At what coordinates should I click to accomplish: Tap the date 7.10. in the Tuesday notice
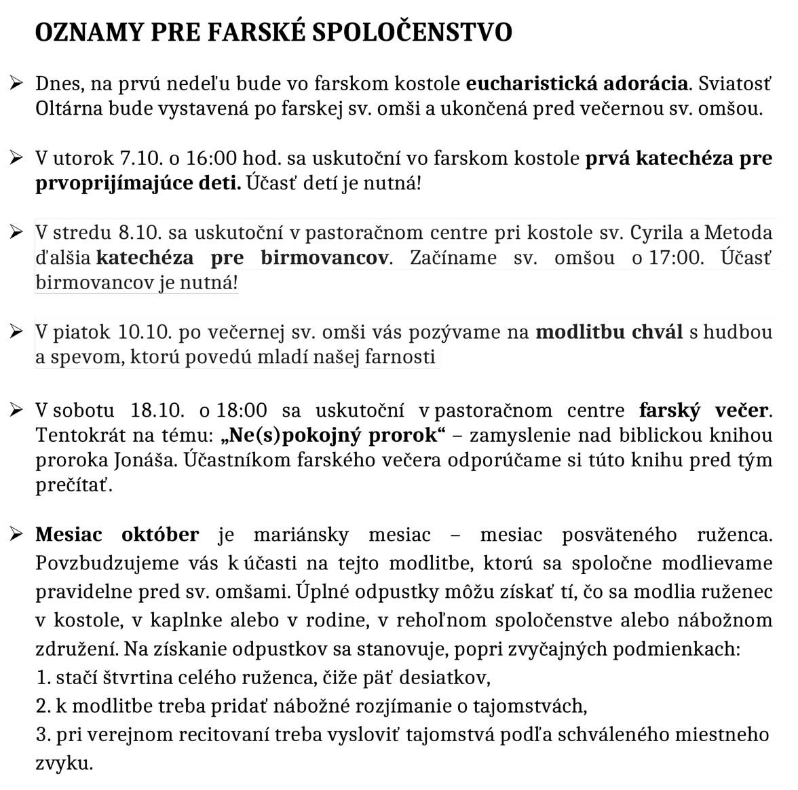(140, 159)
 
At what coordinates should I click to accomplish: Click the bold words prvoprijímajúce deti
(138, 183)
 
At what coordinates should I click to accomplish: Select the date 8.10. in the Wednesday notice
(139, 233)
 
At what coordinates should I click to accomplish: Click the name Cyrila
(657, 233)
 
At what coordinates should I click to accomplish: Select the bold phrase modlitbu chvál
(609, 333)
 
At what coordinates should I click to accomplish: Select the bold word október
(160, 535)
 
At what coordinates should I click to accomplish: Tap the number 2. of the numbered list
(43, 707)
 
